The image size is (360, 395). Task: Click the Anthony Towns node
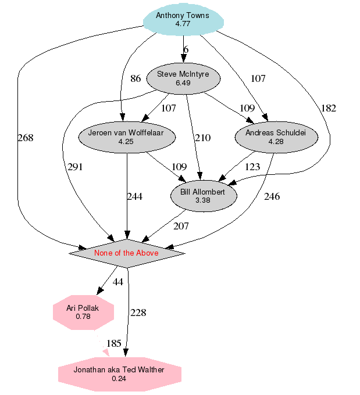tap(183, 20)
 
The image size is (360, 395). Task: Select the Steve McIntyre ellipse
tap(183, 78)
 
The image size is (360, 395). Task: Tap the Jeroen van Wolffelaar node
tap(126, 137)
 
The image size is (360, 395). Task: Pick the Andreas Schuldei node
tap(276, 137)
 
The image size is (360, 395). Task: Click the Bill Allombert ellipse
tap(203, 196)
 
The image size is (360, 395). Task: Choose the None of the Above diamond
tap(127, 253)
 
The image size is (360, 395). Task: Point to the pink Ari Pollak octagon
tap(83, 312)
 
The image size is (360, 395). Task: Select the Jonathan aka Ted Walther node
tap(119, 374)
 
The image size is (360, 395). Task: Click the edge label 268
tap(26, 138)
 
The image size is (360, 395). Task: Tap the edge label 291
tap(75, 167)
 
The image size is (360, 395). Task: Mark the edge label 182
tap(328, 108)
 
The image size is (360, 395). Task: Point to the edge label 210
tap(202, 138)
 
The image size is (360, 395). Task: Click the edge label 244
tap(134, 196)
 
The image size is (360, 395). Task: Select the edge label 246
tap(272, 196)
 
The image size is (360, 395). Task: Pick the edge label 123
tap(252, 167)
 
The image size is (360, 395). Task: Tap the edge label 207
tap(181, 226)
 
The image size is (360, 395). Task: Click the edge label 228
tap(138, 313)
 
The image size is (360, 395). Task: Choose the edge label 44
tap(118, 282)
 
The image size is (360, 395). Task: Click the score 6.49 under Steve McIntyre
tap(183, 83)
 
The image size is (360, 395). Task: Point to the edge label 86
tap(136, 79)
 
